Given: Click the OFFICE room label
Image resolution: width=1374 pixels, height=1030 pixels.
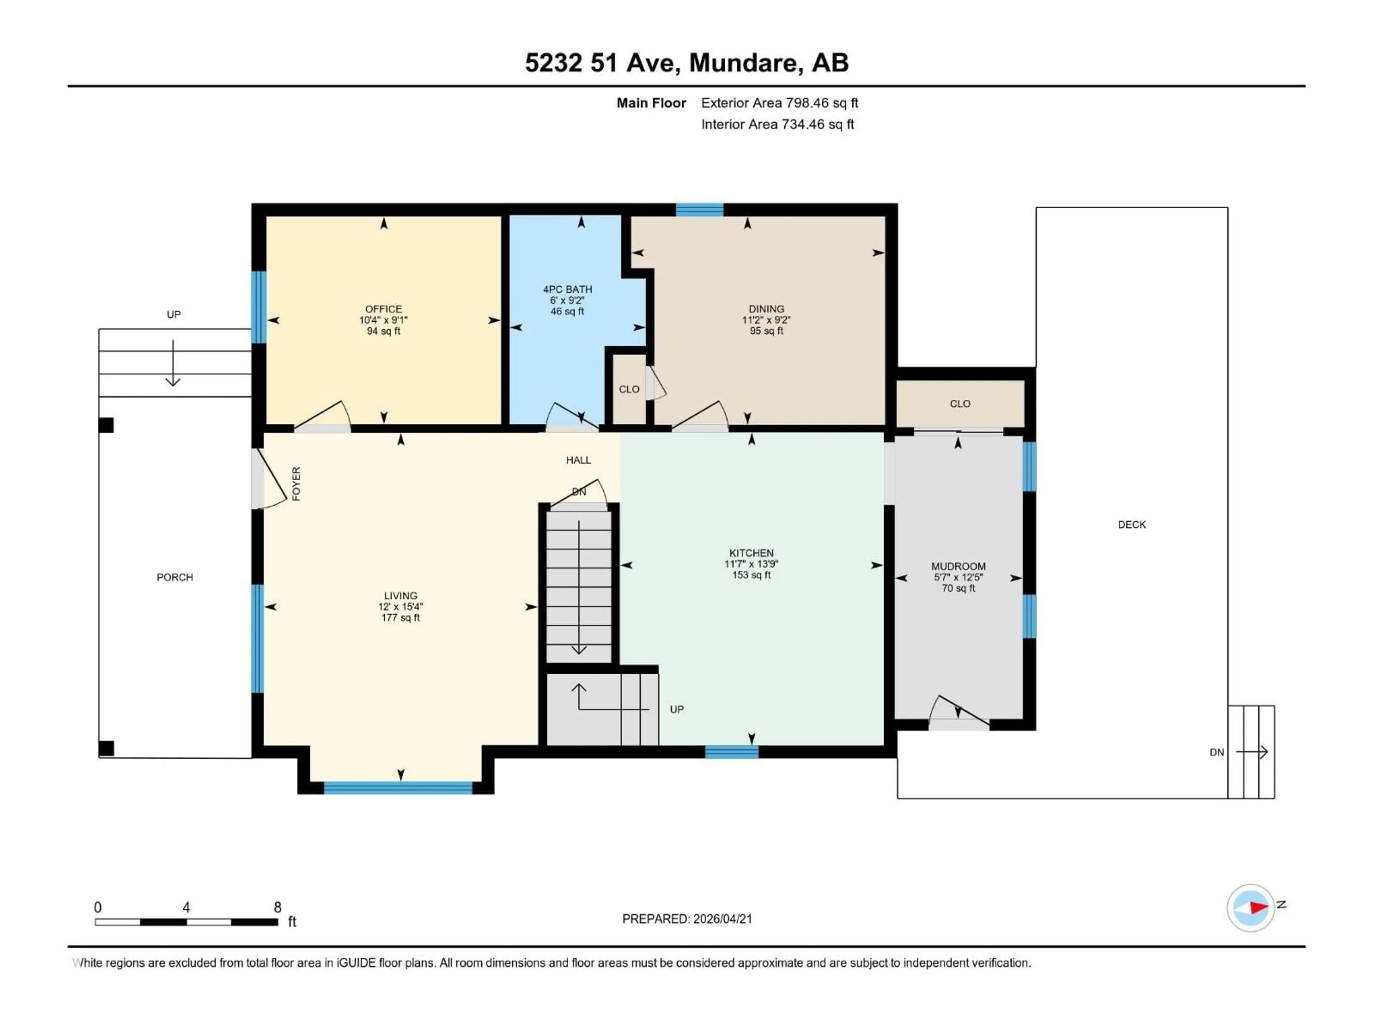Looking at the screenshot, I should point(383,309).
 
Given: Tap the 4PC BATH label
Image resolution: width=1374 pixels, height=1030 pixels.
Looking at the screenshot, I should point(567,289).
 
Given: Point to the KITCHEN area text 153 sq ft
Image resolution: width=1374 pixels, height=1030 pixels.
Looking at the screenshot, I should point(751,575).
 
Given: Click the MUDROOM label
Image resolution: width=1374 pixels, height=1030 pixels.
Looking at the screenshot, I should point(958,566).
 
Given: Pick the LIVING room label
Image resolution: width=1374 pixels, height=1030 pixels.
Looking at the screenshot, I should point(400,595).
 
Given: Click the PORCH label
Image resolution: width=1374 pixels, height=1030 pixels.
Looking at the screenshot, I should point(175,577).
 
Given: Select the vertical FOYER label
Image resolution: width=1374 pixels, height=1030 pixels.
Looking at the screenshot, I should point(296,484).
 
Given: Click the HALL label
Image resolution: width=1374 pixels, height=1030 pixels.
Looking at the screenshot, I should point(578,460).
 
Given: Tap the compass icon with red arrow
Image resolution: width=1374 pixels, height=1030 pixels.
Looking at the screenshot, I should point(1251,908).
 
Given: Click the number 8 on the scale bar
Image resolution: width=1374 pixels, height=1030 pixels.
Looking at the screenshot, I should point(278,907).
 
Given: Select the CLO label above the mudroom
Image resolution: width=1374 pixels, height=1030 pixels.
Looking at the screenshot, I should point(960,403).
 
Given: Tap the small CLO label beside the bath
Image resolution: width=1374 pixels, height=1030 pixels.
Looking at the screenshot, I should point(629,389).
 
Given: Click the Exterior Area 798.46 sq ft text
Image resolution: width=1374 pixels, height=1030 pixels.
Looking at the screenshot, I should point(780,103).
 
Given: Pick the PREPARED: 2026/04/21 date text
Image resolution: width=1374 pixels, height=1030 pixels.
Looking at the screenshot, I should point(687,919).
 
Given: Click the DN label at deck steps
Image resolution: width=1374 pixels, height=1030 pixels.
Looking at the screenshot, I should point(1216,752).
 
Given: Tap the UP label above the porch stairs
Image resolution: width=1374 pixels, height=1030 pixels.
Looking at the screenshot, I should point(173,315).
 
